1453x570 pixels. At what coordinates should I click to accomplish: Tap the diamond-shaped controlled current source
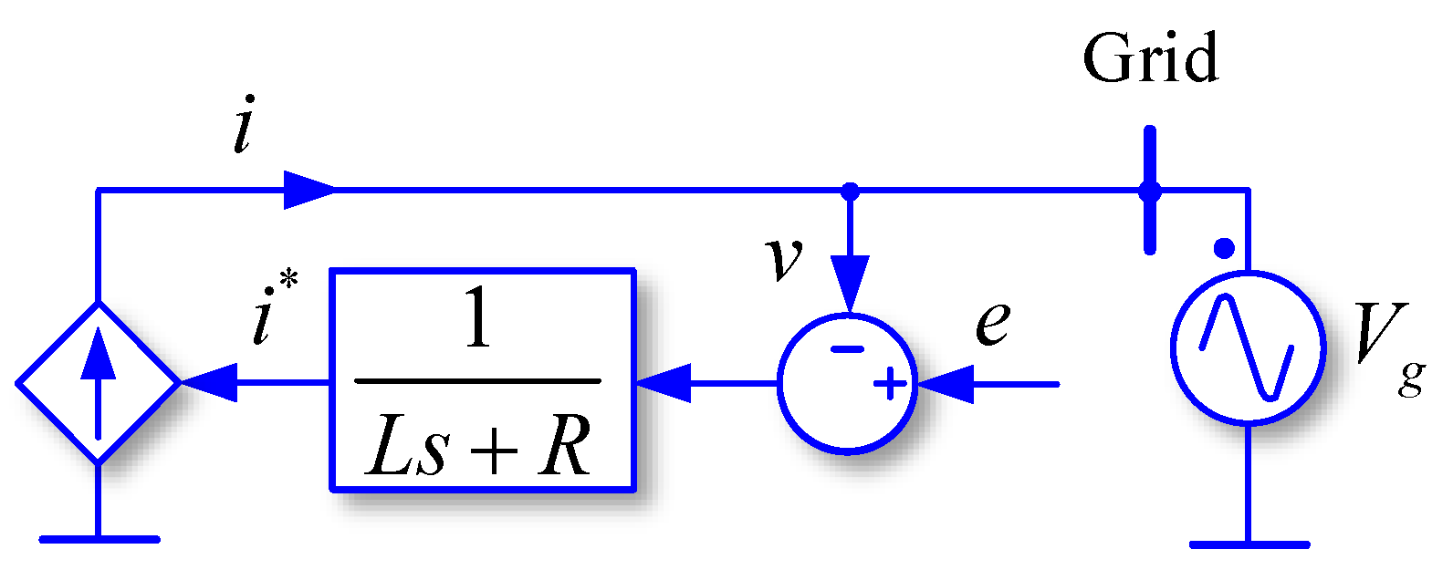pos(99,382)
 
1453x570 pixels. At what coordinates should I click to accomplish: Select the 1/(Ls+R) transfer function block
pos(482,380)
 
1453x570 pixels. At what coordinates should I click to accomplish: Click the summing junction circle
pos(847,383)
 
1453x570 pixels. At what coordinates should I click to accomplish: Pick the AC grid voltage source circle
pos(1248,347)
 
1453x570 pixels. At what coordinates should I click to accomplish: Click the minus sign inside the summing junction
pos(848,348)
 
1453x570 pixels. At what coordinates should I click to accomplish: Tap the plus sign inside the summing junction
pos(890,385)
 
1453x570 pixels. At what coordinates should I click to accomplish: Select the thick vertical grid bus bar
pos(1150,190)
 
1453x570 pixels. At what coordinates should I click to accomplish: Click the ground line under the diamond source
pos(99,539)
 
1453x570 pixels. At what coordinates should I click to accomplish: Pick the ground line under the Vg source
pos(1248,544)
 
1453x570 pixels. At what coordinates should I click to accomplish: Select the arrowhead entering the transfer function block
pos(663,383)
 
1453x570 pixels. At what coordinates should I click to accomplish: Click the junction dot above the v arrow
pos(850,191)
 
